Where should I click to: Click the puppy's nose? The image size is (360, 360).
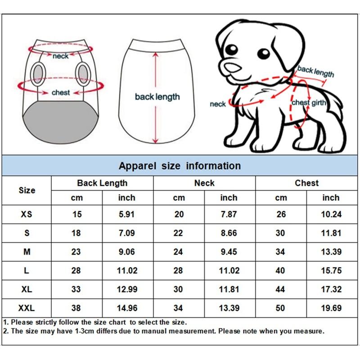[x=232, y=67]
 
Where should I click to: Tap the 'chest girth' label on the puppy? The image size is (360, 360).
[x=309, y=103]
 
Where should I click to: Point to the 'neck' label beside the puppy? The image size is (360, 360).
[x=218, y=104]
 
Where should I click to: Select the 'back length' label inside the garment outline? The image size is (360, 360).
[x=157, y=97]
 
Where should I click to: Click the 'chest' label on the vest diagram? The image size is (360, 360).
[x=61, y=93]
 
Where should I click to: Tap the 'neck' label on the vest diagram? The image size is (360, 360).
[x=60, y=56]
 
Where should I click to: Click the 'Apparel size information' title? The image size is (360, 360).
[x=180, y=166]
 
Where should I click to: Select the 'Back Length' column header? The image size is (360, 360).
[x=102, y=183]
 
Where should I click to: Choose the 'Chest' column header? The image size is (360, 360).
[x=307, y=183]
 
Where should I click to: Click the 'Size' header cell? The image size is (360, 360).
[x=27, y=190]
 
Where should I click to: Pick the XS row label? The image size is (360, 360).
[x=27, y=214]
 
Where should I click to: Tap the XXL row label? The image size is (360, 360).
[x=27, y=308]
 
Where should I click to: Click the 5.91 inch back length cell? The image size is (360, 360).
[x=127, y=214]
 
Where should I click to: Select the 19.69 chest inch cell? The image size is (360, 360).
[x=331, y=308]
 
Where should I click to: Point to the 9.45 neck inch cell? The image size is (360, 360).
[x=229, y=252]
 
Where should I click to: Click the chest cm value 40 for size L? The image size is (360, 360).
[x=280, y=270]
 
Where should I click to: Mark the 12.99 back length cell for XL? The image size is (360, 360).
[x=127, y=289]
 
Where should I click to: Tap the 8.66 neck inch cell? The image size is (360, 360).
[x=229, y=233]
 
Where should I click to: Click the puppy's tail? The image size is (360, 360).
[x=333, y=101]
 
